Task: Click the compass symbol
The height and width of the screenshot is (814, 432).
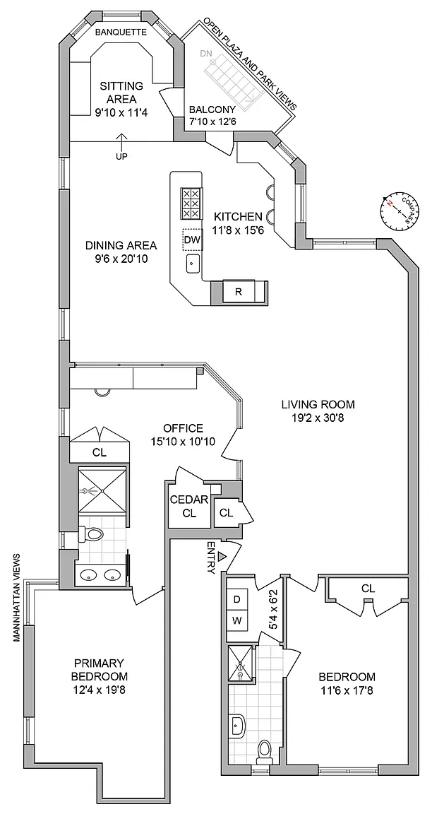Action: (x=397, y=210)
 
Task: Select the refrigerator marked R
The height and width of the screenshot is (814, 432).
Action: (x=239, y=291)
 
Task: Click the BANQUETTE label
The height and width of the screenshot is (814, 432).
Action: (x=121, y=32)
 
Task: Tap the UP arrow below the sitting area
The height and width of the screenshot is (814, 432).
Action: (x=121, y=151)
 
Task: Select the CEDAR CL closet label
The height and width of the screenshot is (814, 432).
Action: (x=189, y=507)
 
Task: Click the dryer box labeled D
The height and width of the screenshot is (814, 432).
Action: (x=236, y=599)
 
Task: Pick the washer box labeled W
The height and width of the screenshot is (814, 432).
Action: (x=236, y=621)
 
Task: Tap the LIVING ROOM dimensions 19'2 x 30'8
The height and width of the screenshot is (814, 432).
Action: (x=318, y=418)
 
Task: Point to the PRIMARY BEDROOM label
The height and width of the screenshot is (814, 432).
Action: (x=100, y=669)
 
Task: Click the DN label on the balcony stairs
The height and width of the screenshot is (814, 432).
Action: (x=205, y=53)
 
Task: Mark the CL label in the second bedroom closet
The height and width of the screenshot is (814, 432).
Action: (x=368, y=588)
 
